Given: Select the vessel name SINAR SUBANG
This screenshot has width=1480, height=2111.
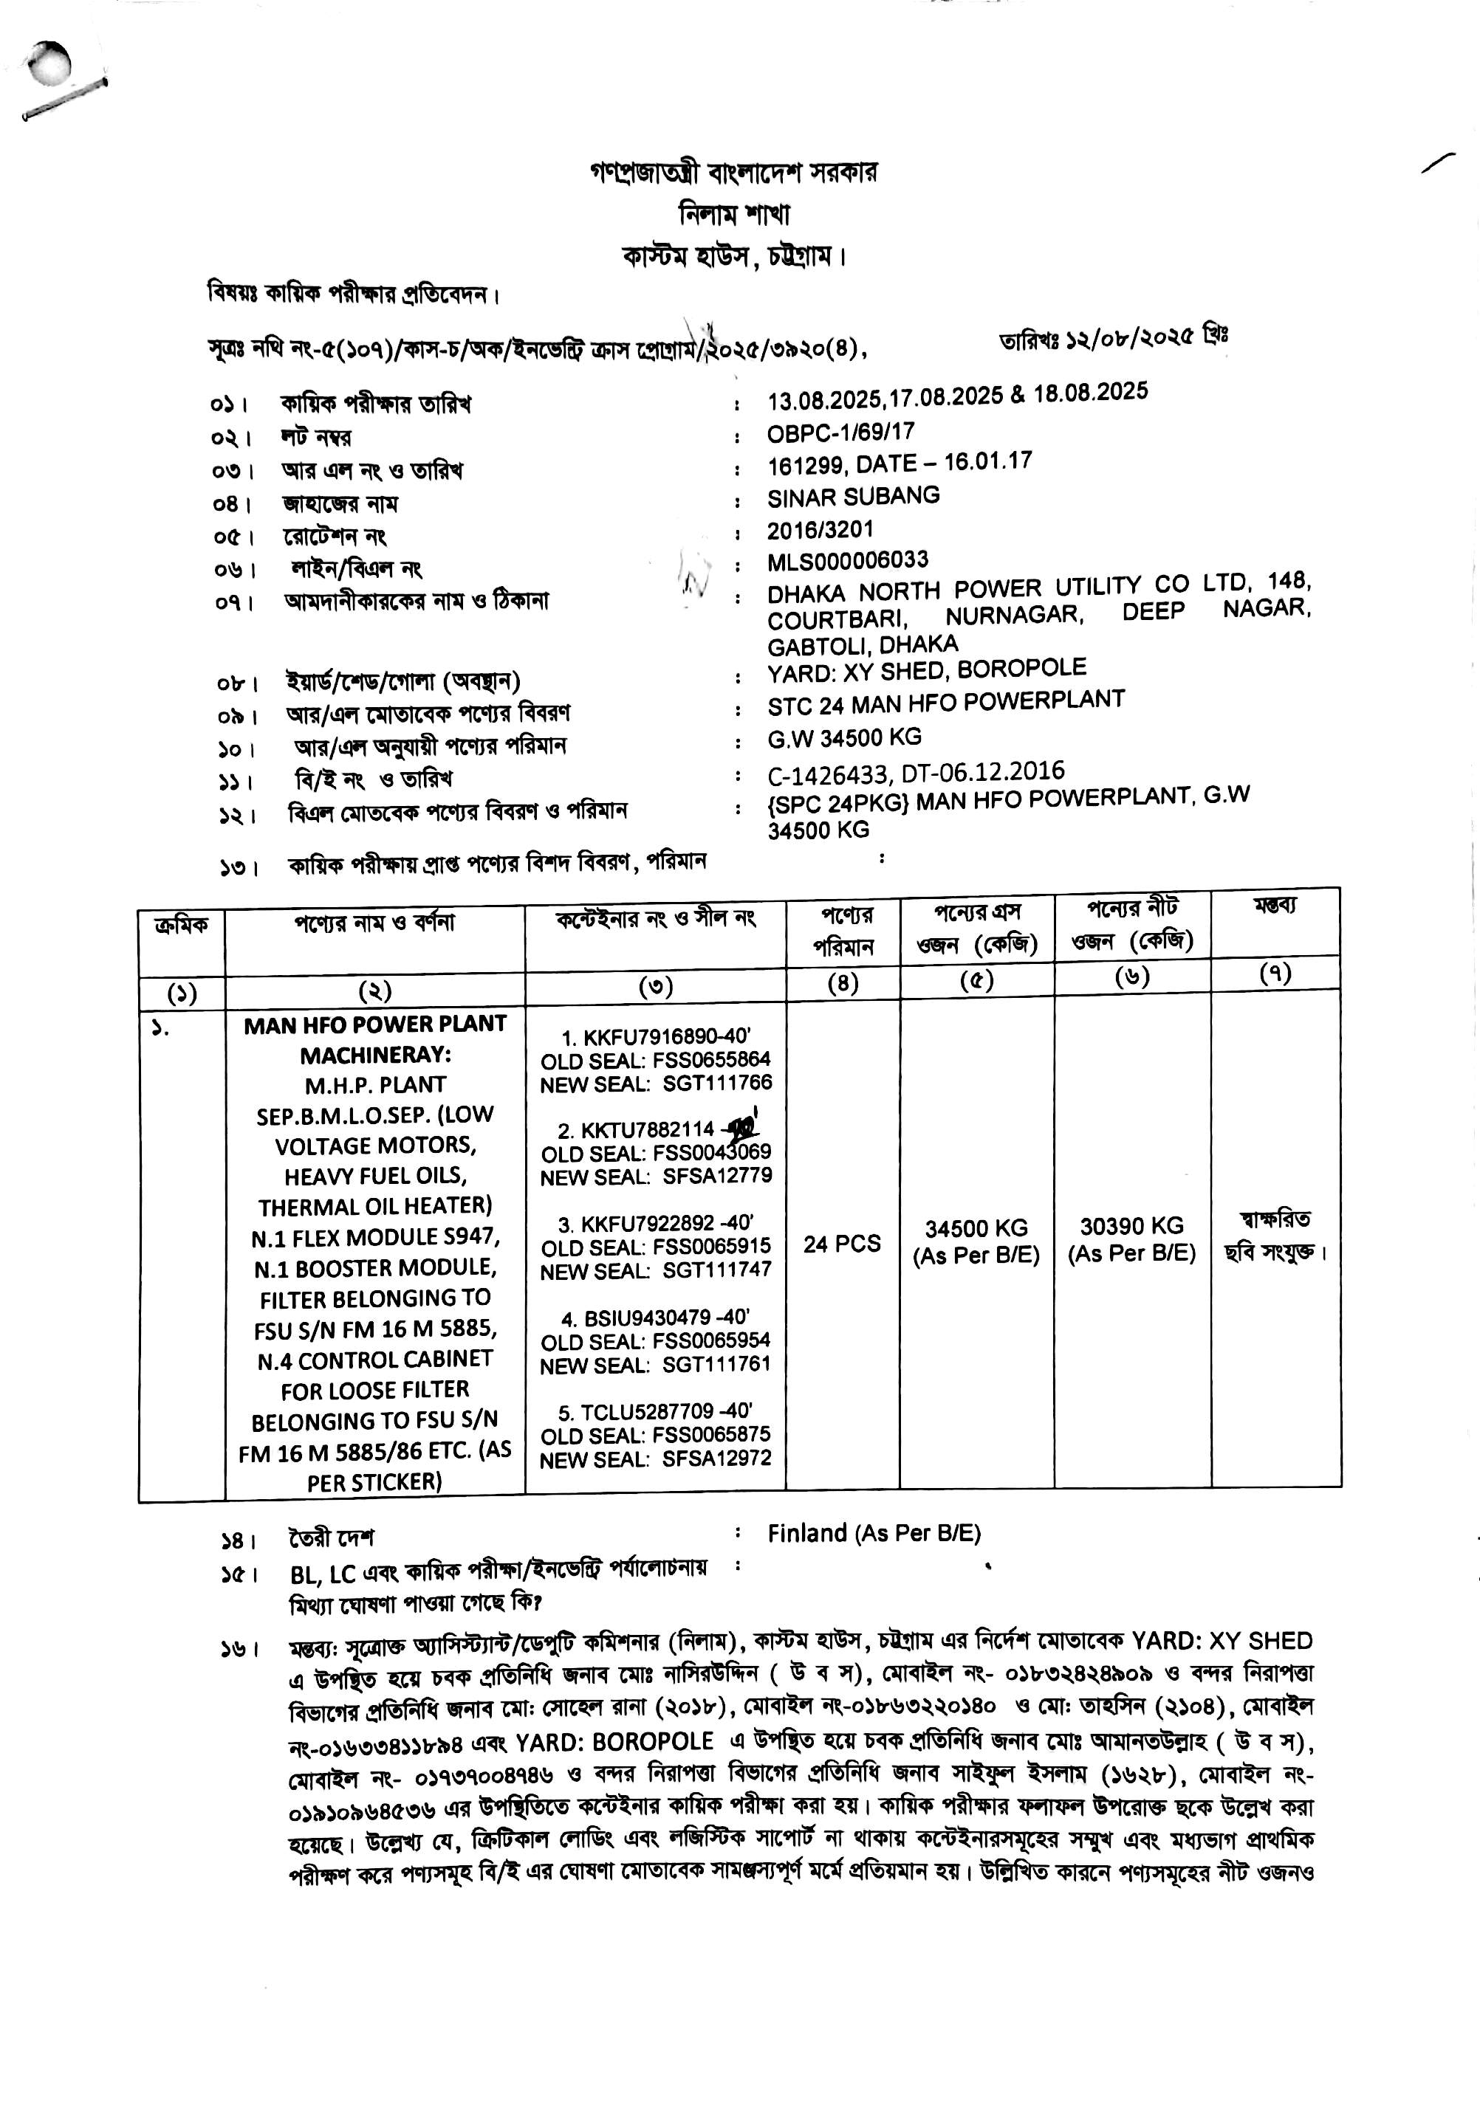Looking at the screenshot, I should coord(854,497).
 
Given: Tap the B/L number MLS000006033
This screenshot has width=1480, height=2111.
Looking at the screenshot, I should coord(848,560).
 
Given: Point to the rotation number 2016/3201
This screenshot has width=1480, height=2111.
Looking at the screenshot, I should coord(820,529).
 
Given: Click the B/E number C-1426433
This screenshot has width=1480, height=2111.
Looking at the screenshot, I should coord(828,774).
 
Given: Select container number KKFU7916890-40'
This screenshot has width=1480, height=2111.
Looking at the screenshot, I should coord(656,1037).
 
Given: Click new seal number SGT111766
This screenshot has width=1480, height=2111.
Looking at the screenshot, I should coord(717,1082).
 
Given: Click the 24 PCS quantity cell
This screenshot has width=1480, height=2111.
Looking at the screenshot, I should coord(842,1244).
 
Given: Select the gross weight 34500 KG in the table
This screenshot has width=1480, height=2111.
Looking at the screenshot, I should coord(976,1228).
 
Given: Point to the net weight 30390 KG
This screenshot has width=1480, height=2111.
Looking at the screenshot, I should coord(1131,1227).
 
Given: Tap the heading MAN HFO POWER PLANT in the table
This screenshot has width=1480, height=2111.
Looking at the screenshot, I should coord(375,1024).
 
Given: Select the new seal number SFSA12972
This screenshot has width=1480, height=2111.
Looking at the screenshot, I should coord(717,1459).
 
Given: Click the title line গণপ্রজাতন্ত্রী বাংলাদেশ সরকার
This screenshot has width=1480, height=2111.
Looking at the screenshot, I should coord(733,172).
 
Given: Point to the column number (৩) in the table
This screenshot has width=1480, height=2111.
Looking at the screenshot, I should coord(655,987).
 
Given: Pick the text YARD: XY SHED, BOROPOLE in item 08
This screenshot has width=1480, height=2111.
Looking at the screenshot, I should coord(926,670).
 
